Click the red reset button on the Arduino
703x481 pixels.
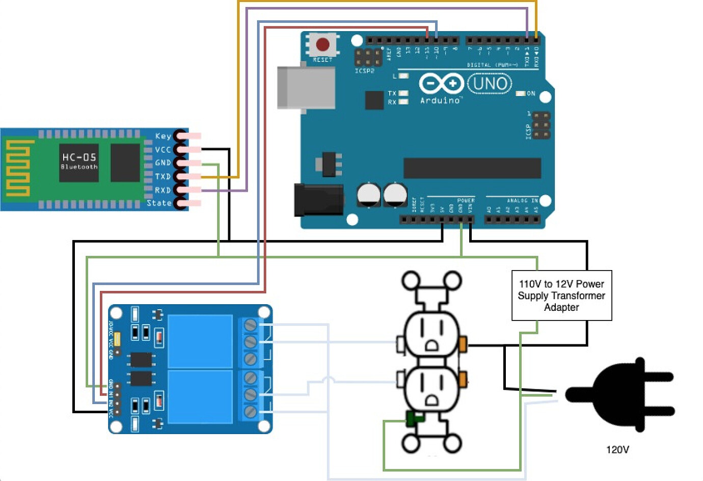point(322,45)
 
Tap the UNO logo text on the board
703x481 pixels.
point(489,84)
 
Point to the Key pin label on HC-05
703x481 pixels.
point(163,136)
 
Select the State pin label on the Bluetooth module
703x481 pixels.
point(159,203)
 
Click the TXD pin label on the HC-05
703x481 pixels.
point(163,176)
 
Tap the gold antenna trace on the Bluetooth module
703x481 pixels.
point(18,169)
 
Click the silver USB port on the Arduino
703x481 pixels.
point(306,87)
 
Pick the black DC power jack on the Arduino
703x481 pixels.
point(318,200)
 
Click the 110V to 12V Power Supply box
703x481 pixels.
point(561,296)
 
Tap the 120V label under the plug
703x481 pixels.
point(617,449)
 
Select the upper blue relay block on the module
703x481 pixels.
point(200,340)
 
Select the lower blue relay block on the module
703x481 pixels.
point(200,396)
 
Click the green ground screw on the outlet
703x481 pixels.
point(414,419)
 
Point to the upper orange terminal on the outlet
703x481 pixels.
point(463,344)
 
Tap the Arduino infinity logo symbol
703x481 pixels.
point(441,84)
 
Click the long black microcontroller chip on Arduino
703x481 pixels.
point(472,168)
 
